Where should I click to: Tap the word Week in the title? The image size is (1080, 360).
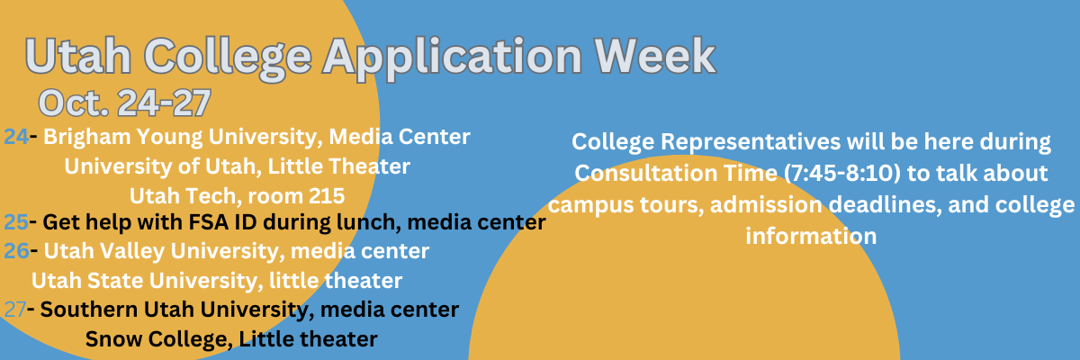[655, 55]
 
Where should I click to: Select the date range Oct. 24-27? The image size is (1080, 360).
[124, 103]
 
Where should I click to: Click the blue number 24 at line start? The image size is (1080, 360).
[16, 137]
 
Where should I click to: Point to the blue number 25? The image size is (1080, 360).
[16, 222]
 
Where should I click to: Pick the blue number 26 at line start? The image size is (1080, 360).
[16, 251]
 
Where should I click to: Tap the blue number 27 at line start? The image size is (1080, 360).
[15, 310]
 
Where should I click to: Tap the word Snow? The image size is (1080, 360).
[113, 339]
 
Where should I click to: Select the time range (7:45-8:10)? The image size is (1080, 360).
[842, 174]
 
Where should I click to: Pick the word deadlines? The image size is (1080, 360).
[886, 205]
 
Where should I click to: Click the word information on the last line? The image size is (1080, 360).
[811, 236]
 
